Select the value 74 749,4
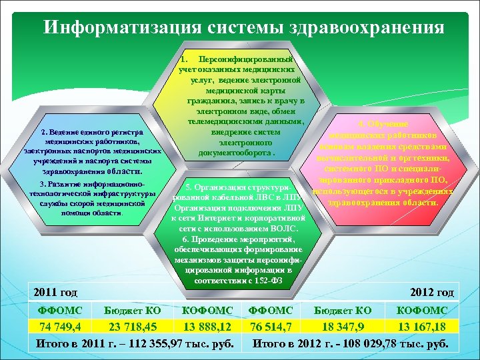[x=60, y=326]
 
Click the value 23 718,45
[x=134, y=326]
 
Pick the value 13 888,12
[x=208, y=326]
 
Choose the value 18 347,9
[x=343, y=326]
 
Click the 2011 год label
[x=56, y=292]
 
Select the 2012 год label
[x=433, y=292]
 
